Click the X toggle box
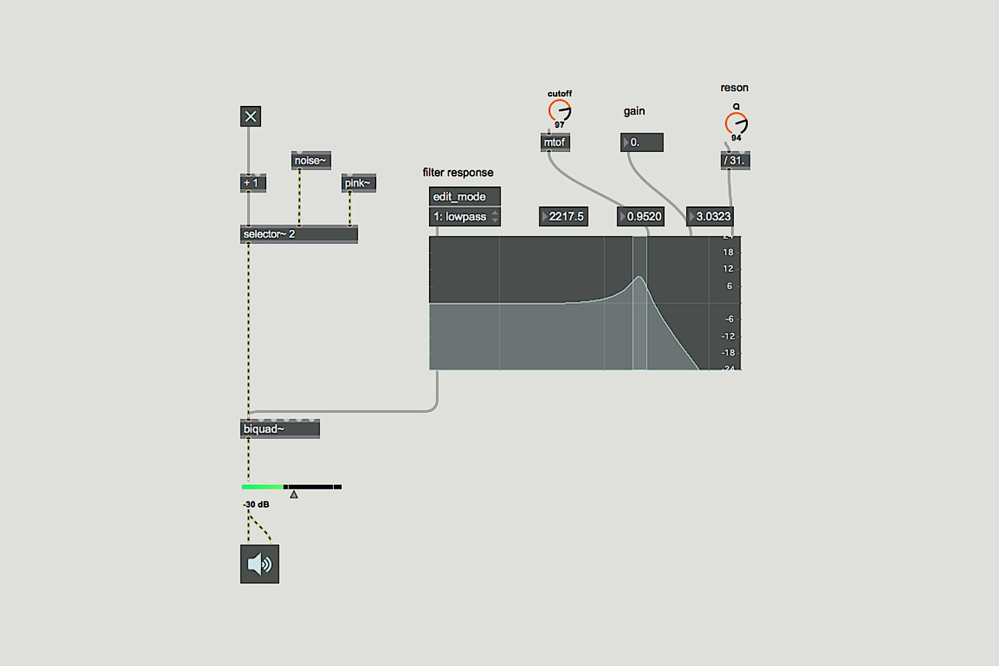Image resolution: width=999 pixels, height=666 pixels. tap(250, 117)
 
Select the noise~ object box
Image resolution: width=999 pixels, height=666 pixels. tap(311, 161)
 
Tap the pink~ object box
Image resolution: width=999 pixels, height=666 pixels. tap(358, 183)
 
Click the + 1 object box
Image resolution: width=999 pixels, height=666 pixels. tap(253, 183)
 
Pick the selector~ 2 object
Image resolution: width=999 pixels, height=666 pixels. tap(299, 234)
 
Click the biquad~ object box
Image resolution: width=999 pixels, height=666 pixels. tap(280, 429)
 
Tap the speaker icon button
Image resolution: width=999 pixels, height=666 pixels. tap(260, 564)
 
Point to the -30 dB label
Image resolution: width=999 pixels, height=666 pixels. tap(256, 505)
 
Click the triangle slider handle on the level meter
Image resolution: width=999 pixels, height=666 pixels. tap(294, 494)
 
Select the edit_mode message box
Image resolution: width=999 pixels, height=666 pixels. tap(465, 196)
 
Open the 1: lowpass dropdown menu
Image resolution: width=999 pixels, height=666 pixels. tap(465, 217)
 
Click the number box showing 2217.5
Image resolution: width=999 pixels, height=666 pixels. tap(563, 217)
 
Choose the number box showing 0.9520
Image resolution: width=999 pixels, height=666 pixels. tap(641, 217)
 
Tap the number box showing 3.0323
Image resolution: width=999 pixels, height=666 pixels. tap(709, 217)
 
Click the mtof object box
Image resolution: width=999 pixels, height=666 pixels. tap(555, 143)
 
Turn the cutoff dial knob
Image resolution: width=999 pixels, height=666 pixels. tap(559, 110)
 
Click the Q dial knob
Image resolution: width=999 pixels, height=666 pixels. tap(737, 124)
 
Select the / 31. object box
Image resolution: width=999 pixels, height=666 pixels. tap(735, 161)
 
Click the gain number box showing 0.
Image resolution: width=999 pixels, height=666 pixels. tap(642, 143)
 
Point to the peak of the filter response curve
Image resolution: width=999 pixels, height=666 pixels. tap(639, 277)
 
